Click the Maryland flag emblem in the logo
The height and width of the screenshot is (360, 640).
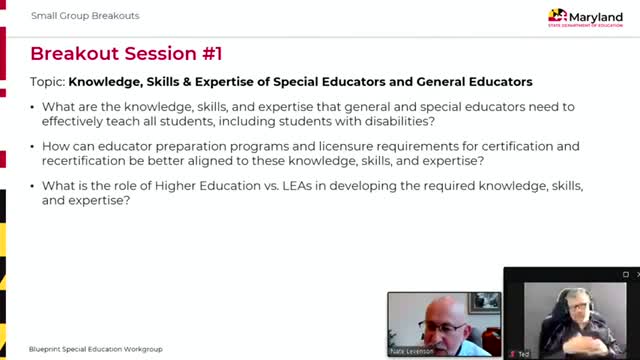[558, 16]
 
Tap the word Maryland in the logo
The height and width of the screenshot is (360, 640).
[597, 14]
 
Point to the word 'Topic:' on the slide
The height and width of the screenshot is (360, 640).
[48, 81]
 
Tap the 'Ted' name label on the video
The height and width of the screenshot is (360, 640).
[523, 353]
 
